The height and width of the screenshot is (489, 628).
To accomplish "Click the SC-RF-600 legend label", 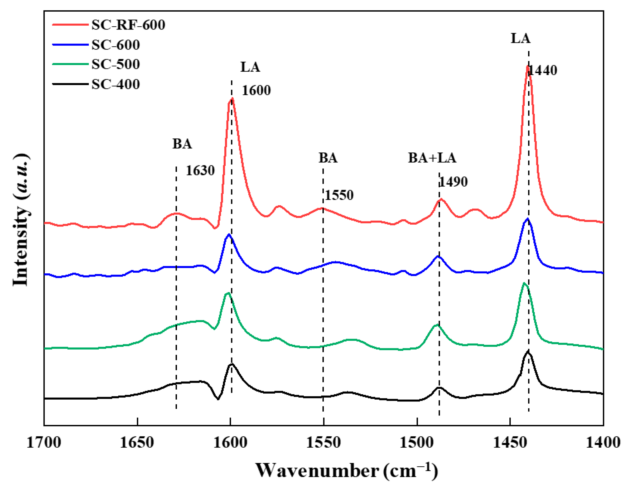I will coord(128,25).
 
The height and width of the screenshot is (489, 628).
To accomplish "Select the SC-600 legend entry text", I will coord(115,45).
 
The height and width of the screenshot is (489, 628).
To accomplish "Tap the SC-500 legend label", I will coord(115,64).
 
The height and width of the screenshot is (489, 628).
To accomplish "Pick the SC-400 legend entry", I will coord(115,84).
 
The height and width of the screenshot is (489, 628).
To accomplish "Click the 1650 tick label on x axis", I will coord(137,442).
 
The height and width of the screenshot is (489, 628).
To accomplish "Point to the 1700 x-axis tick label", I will coord(44,442).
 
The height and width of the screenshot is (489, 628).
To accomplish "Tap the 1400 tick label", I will coord(603,442).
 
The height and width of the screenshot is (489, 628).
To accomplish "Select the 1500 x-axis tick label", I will coord(417,442).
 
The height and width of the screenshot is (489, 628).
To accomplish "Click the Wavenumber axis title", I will coord(346,471).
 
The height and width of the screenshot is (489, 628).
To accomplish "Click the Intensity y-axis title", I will coord(21,220).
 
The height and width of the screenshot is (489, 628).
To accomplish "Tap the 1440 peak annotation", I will coord(543,70).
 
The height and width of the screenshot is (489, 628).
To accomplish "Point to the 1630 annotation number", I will coord(200,171).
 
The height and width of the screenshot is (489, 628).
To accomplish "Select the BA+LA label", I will coord(432,158).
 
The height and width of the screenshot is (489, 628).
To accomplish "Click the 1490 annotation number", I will coord(454,182).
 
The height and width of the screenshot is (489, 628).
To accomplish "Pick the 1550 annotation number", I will coord(339,195).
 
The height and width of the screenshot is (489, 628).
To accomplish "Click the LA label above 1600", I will coord(250,67).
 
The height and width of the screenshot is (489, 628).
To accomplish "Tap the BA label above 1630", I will coord(182,144).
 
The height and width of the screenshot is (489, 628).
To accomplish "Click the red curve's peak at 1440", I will coord(527,67).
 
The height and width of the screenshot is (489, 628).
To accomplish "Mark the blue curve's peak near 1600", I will coord(229,234).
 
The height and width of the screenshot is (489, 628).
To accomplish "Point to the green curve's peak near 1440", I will coord(524,283).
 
